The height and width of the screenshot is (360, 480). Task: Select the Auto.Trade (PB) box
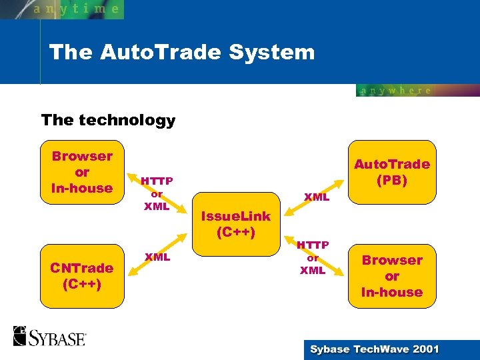tap(392, 172)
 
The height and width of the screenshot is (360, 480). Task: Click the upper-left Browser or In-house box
tap(82, 172)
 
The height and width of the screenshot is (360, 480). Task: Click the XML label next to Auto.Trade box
tap(317, 197)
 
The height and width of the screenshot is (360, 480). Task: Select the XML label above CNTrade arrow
tap(157, 257)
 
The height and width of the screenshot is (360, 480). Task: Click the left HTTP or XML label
tap(157, 193)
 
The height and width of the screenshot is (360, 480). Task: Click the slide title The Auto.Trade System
tap(181, 52)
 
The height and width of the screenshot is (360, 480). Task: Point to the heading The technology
tap(108, 120)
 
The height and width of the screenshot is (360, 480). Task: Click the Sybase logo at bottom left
tap(49, 336)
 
